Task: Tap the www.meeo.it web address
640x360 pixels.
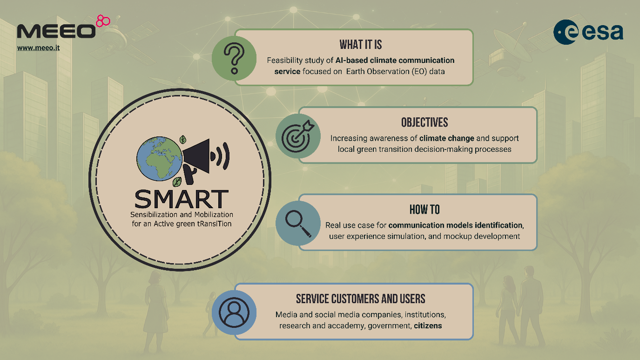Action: point(38,48)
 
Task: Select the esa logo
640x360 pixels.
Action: point(588,32)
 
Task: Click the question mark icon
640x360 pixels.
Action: point(234,58)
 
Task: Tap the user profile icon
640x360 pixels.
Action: point(234,312)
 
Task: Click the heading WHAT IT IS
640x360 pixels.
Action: point(361,45)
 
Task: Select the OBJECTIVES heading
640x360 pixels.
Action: point(424,122)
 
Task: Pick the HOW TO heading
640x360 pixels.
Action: point(424,210)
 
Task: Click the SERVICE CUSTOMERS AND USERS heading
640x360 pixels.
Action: point(361,299)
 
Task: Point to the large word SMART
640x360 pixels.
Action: point(182,199)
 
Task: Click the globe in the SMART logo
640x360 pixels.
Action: point(159,159)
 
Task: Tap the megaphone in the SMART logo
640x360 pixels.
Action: point(206,161)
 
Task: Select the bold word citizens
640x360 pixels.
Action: point(428,326)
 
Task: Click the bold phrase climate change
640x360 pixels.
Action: point(446,138)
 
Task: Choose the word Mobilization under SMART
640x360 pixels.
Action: point(214,214)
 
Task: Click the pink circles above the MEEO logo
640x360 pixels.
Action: point(103,21)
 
